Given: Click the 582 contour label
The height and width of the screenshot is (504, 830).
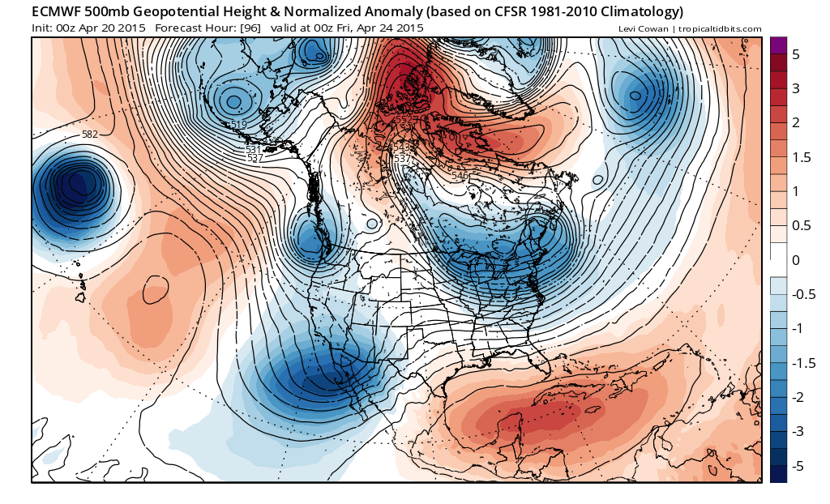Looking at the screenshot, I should pyautogui.click(x=89, y=135).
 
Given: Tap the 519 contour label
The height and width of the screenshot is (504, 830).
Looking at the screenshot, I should pyautogui.click(x=238, y=124).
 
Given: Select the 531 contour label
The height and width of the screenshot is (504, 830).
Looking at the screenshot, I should pyautogui.click(x=253, y=150).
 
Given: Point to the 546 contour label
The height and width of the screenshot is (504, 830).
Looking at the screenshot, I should pyautogui.click(x=460, y=176).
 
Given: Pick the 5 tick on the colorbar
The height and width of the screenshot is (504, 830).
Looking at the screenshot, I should pyautogui.click(x=796, y=54).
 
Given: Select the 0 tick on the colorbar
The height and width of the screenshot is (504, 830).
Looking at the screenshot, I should pyautogui.click(x=796, y=260).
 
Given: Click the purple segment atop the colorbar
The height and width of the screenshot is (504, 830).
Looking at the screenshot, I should pyautogui.click(x=778, y=45).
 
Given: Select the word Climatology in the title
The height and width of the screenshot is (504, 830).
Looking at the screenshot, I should pyautogui.click(x=636, y=12).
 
